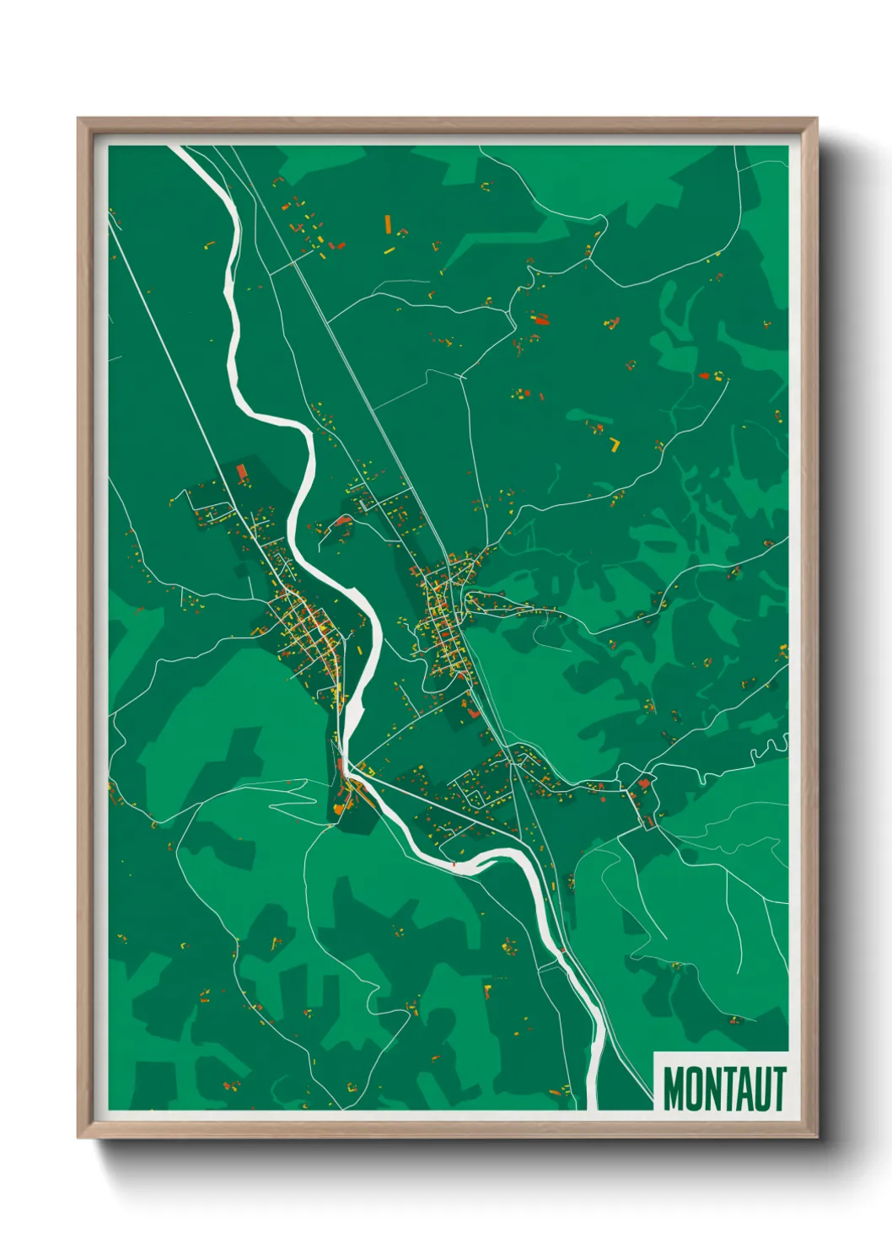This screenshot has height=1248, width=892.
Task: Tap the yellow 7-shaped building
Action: [x=615, y=444]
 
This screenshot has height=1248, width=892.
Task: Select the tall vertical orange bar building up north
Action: [x=388, y=223]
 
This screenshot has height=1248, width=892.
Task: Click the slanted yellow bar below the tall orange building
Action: [x=389, y=250]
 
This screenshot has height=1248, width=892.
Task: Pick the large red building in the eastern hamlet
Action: [x=645, y=783]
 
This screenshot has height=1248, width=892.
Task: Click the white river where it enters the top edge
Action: [x=178, y=149]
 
